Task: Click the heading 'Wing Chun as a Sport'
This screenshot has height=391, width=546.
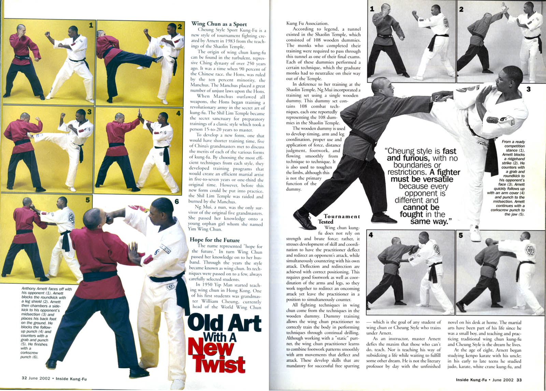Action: pos(219,24)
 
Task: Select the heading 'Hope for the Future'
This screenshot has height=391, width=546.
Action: pos(215,240)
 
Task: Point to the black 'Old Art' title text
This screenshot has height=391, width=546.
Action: pos(225,323)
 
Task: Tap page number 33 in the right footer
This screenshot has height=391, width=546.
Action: pos(519,379)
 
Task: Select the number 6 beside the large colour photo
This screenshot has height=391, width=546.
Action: pos(177,202)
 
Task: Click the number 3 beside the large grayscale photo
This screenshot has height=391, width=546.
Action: pos(529,89)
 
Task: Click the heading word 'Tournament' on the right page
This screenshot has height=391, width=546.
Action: pos(342,216)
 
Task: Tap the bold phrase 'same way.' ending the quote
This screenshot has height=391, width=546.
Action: pos(430,221)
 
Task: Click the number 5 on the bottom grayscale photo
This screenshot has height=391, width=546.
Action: pos(461,235)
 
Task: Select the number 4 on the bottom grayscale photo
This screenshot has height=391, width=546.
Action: pos(371,235)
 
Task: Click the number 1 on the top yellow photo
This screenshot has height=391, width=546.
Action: pos(91,25)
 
